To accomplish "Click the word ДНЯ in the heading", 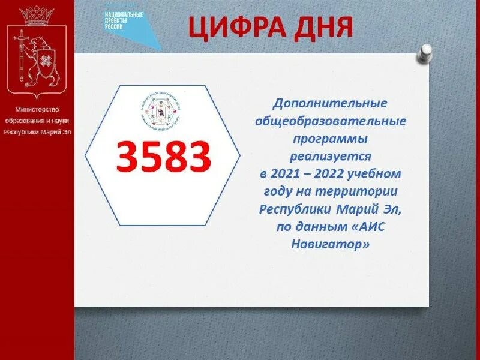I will tap(325, 28).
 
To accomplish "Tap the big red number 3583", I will tap(163, 157).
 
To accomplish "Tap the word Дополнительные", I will tap(330, 104).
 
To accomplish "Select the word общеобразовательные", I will tap(331, 122).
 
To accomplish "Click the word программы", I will tap(330, 139).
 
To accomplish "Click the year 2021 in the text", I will tap(286, 174).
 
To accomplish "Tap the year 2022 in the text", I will tap(329, 174).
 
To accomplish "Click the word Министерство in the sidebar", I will tap(37, 110).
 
